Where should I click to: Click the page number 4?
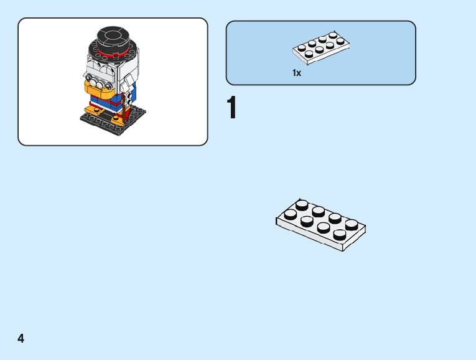(21, 338)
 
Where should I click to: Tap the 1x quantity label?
(297, 73)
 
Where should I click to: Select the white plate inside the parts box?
(321, 47)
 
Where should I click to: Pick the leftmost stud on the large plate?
(290, 214)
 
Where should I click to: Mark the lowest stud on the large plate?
(340, 234)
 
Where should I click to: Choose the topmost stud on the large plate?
(302, 204)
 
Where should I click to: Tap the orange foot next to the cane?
(118, 118)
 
